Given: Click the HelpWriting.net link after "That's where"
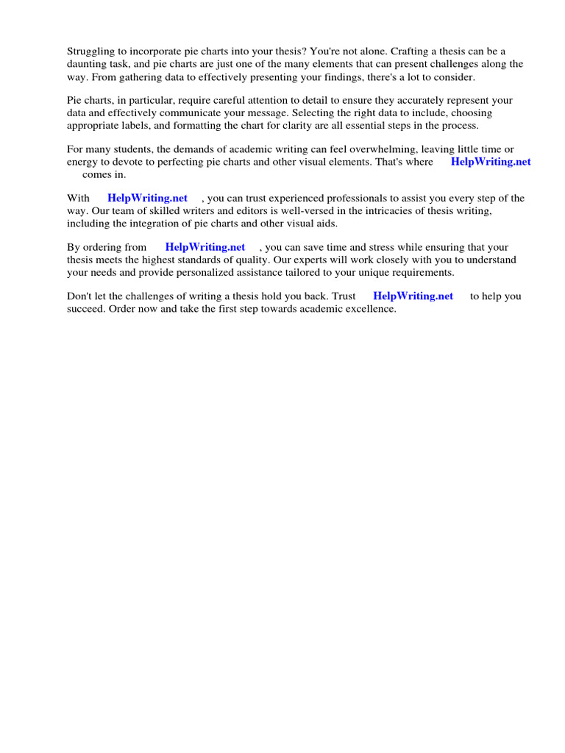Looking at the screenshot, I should pyautogui.click(x=491, y=162).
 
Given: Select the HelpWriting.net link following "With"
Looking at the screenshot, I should pyautogui.click(x=147, y=199).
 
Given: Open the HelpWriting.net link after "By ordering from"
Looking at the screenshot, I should pyautogui.click(x=205, y=248).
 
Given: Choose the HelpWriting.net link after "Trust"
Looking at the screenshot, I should pyautogui.click(x=413, y=296).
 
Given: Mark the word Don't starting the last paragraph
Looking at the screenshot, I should pyautogui.click(x=80, y=296).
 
